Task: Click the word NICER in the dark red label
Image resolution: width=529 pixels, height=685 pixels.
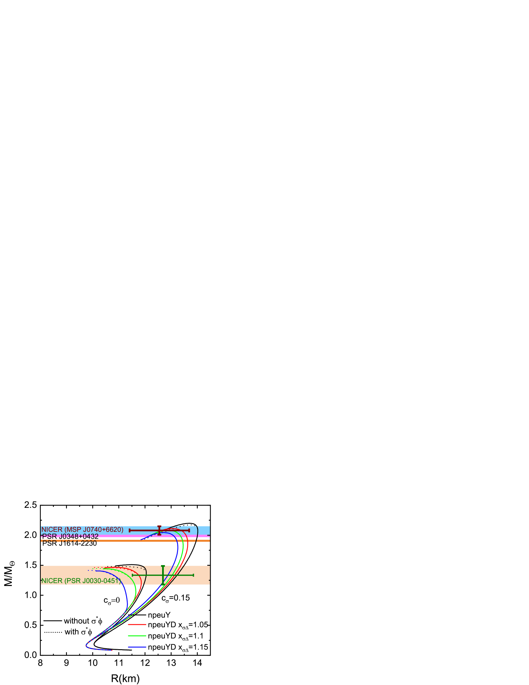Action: click(x=52, y=530)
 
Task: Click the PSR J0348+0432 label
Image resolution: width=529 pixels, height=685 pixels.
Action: click(x=71, y=536)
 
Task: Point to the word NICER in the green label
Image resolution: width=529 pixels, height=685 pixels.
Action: click(x=52, y=581)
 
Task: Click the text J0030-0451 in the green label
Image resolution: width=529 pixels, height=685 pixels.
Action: click(x=101, y=581)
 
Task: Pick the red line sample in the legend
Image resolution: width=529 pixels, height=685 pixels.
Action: click(x=137, y=625)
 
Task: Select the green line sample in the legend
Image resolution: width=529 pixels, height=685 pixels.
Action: click(x=137, y=636)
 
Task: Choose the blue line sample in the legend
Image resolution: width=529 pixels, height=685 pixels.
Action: click(x=137, y=647)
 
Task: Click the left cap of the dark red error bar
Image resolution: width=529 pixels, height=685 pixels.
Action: click(x=130, y=530)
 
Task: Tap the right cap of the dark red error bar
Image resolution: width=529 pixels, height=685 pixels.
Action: click(x=189, y=530)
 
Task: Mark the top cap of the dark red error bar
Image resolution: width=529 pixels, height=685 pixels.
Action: click(x=159, y=526)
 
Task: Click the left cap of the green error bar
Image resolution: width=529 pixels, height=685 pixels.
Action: click(x=133, y=575)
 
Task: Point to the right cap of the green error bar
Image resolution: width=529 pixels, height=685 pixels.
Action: click(x=193, y=575)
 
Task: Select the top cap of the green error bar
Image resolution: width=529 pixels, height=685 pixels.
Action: click(x=163, y=566)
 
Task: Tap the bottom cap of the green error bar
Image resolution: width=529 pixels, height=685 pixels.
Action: click(x=163, y=584)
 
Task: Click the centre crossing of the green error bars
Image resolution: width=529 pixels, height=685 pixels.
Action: click(x=163, y=575)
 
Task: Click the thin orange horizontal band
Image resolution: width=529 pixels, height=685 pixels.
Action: click(x=125, y=541)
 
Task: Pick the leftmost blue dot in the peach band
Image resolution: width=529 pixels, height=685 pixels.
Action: click(x=88, y=570)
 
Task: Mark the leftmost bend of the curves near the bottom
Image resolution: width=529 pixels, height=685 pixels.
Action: click(x=86, y=645)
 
